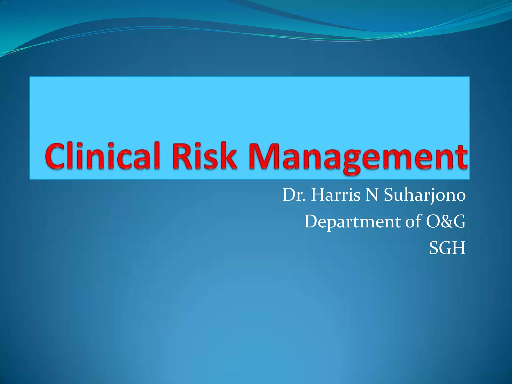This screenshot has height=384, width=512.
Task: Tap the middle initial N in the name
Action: [372, 195]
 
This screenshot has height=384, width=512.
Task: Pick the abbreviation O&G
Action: [445, 221]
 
